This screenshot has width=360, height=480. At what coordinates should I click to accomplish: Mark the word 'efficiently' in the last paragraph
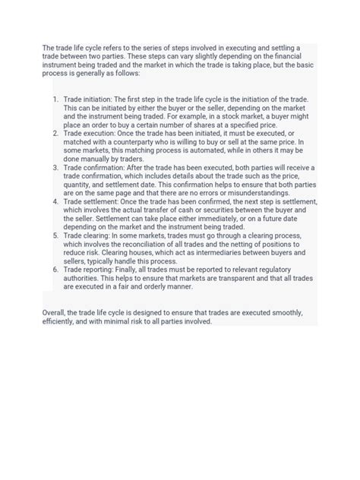62,322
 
